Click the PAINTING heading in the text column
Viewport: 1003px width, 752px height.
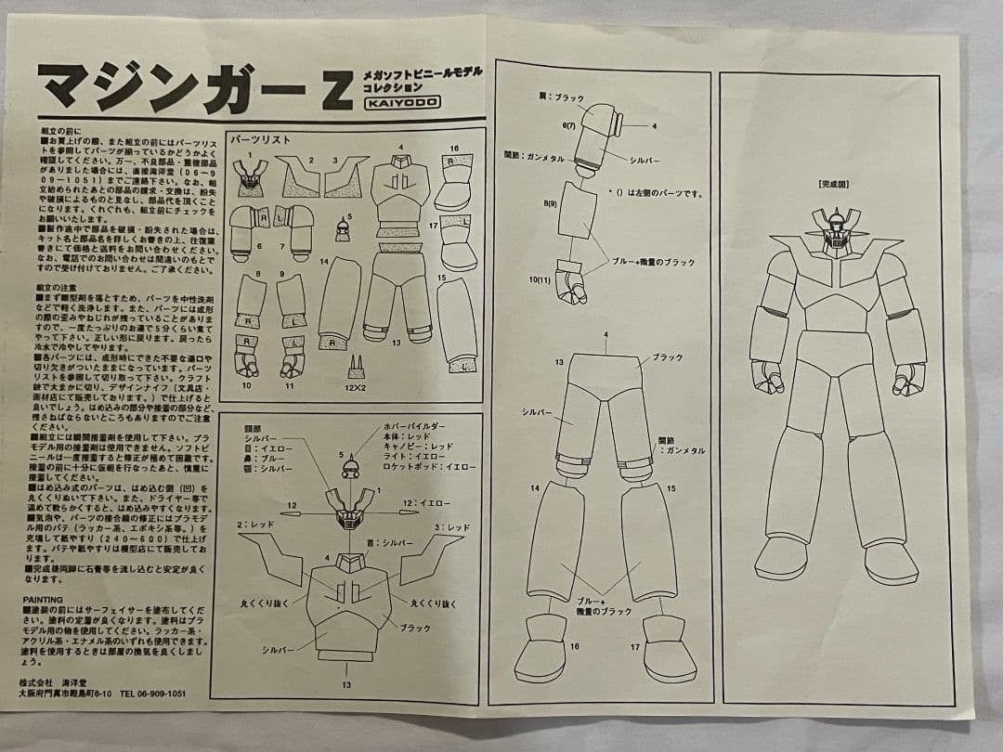[x=43, y=599]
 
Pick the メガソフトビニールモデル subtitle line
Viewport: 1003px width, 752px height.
[x=423, y=71]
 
